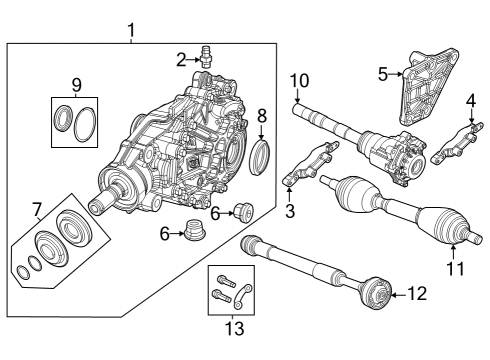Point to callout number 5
pos(382,72)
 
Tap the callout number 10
pos(299,80)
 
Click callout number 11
pos(454,268)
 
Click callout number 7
pos(36,209)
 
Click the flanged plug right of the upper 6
pos(241,211)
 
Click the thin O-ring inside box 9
pos(87,122)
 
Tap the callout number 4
pos(470,100)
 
